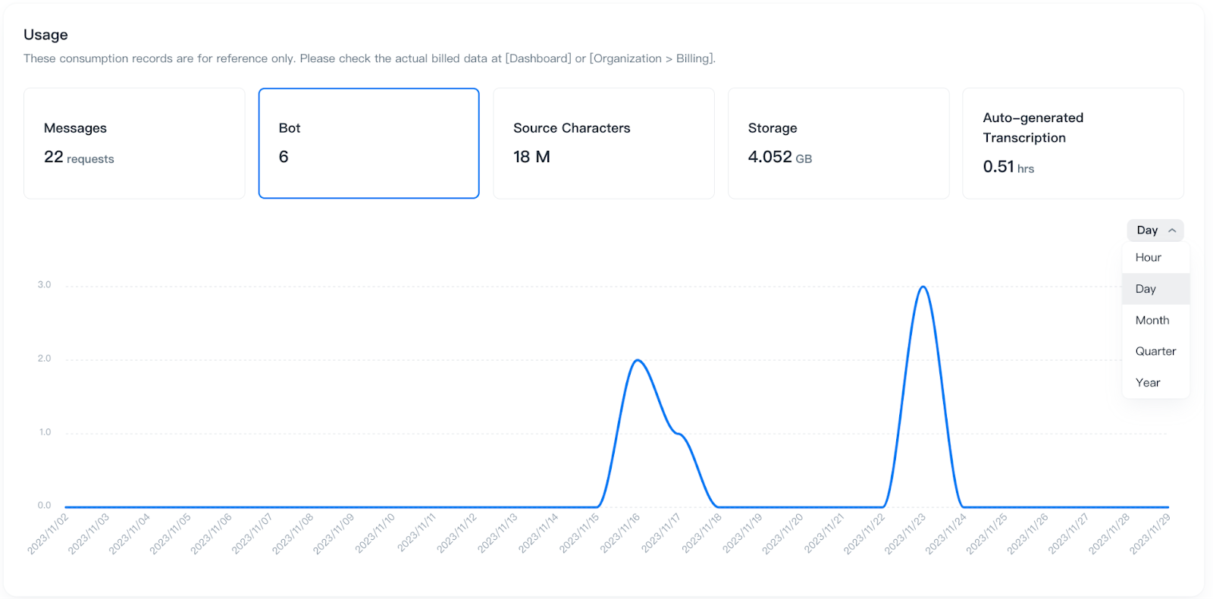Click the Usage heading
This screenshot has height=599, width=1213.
point(45,35)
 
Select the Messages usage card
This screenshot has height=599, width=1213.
point(134,143)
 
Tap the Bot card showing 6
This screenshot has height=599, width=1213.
point(368,143)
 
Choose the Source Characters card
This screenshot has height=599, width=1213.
point(603,143)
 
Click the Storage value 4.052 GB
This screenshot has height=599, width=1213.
point(779,157)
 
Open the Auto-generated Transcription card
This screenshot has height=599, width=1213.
point(1073,143)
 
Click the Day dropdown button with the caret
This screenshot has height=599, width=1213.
point(1155,231)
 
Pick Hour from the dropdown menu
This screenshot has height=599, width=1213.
point(1148,258)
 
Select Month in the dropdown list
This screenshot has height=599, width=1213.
point(1152,321)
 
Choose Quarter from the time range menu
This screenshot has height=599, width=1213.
point(1155,352)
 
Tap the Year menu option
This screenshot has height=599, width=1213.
point(1148,383)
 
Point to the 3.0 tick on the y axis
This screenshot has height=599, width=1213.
point(45,285)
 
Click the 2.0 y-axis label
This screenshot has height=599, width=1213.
point(45,359)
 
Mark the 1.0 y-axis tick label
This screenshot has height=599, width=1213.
point(45,432)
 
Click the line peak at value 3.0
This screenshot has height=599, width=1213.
point(923,287)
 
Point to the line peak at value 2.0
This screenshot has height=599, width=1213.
point(638,360)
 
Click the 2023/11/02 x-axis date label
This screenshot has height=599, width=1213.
point(49,534)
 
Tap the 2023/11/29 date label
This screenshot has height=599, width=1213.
point(1150,534)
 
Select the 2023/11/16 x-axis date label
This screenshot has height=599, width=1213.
point(620,534)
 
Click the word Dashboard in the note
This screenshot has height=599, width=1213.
point(538,58)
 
